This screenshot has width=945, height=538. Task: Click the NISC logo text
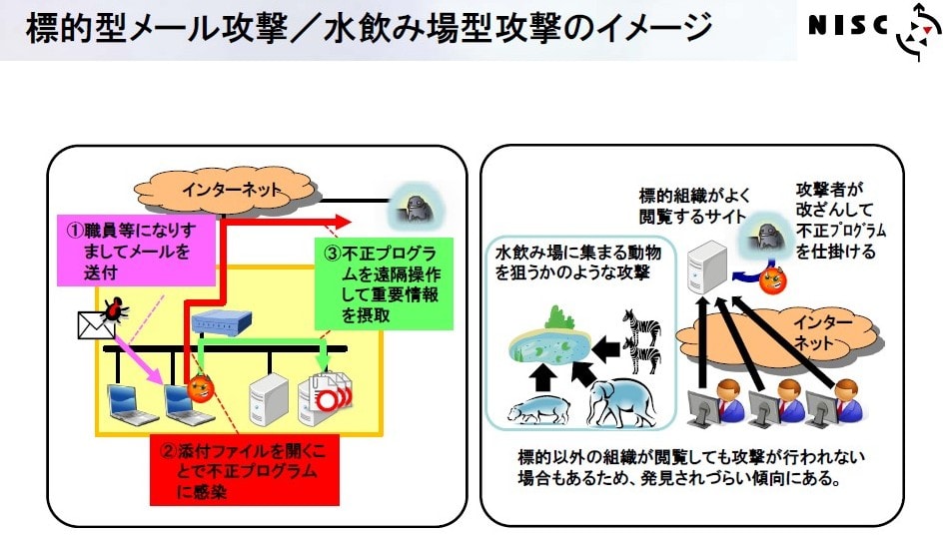tap(848, 25)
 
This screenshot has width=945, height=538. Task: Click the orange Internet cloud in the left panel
tap(224, 190)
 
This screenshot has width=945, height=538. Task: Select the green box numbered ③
tap(384, 283)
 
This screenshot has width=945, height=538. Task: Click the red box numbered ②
tap(245, 470)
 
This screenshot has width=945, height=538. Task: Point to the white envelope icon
tap(96, 325)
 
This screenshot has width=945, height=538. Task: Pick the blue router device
tap(221, 321)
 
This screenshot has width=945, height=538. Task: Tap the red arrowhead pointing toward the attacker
tap(342, 222)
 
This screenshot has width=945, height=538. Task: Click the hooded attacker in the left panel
tap(417, 208)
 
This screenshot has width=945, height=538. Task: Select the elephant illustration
tap(620, 402)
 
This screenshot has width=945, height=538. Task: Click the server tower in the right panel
tap(709, 267)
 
